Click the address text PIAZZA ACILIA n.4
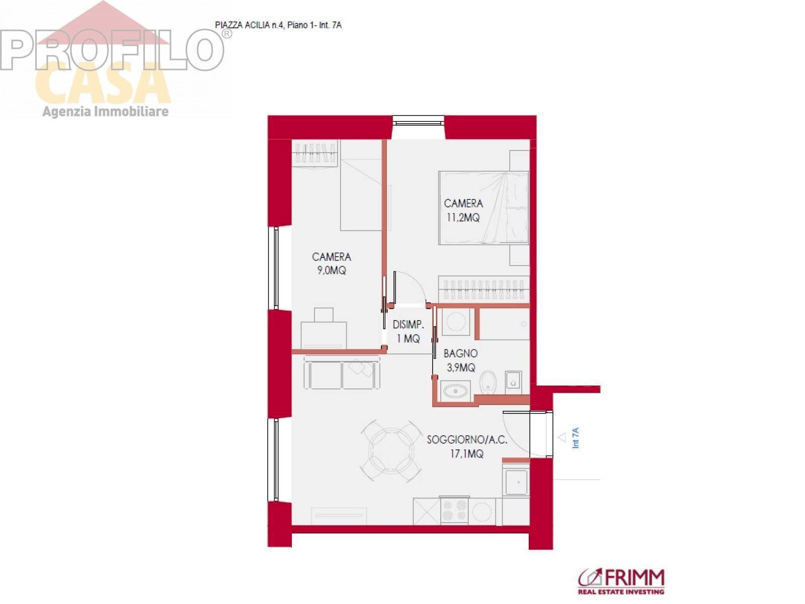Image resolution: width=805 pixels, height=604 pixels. [249, 25]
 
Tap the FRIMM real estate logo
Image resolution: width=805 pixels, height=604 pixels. [621, 581]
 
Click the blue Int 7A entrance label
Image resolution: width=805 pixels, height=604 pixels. [576, 438]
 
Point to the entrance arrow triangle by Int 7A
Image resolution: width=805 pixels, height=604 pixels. [562, 437]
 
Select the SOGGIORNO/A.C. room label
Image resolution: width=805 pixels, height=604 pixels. [467, 440]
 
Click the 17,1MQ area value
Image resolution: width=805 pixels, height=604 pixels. [466, 454]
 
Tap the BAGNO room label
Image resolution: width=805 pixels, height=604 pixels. [460, 353]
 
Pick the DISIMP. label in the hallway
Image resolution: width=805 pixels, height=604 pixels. [408, 325]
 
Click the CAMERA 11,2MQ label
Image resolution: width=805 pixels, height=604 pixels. [463, 210]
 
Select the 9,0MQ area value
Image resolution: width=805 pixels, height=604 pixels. [332, 271]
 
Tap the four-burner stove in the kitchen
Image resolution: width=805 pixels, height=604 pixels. [454, 510]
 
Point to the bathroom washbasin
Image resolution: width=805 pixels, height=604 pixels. [455, 391]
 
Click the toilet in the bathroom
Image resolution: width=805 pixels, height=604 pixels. [488, 383]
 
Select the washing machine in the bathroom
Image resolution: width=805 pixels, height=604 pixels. [456, 322]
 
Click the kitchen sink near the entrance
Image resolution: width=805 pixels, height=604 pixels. [516, 482]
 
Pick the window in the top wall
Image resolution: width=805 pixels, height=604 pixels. [419, 121]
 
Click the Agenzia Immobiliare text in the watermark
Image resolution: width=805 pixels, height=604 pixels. [106, 111]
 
